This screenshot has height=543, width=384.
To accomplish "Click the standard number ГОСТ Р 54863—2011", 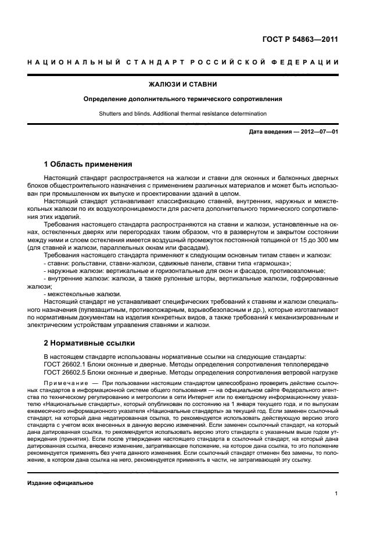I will click(x=300, y=39).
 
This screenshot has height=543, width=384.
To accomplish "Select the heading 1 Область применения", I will click(x=88, y=164).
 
